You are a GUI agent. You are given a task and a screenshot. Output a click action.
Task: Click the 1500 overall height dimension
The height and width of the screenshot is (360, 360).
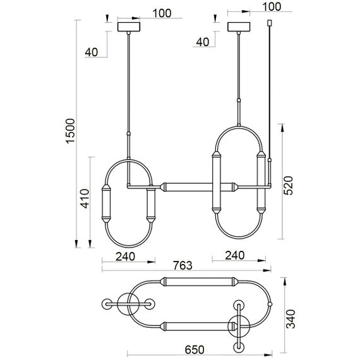pos(70,129)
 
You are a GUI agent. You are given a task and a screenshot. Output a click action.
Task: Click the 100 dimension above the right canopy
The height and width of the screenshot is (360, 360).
pos(270,7)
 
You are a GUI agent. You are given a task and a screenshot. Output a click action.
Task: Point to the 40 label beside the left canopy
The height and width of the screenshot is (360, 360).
pos(91,52)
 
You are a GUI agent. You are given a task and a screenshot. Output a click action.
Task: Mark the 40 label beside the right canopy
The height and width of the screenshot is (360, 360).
pos(202,42)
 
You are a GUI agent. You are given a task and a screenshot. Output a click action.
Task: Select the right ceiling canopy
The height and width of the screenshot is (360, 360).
pos(239,27)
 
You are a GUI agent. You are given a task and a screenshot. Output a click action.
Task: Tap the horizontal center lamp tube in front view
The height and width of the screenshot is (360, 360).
pos(183,187)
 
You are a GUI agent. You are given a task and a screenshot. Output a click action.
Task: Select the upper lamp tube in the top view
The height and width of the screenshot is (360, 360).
pos(197,280)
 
